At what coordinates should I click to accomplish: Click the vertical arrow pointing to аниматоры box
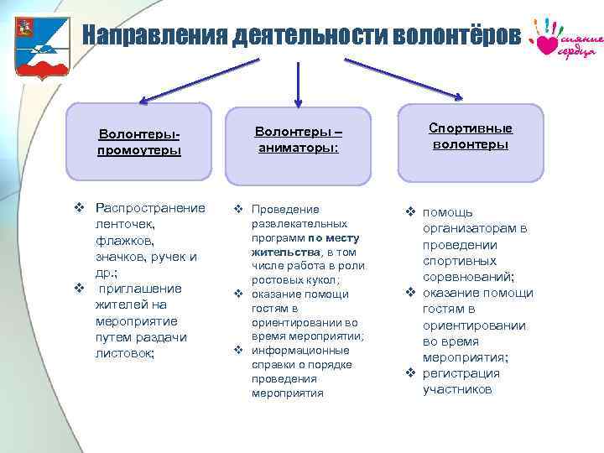295,80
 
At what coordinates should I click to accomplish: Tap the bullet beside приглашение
78,289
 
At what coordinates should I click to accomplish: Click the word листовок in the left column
124,353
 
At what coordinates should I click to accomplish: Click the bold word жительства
285,251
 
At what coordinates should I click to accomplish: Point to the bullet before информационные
238,351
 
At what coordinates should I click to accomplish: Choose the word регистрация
461,373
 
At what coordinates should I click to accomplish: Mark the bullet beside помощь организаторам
411,212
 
